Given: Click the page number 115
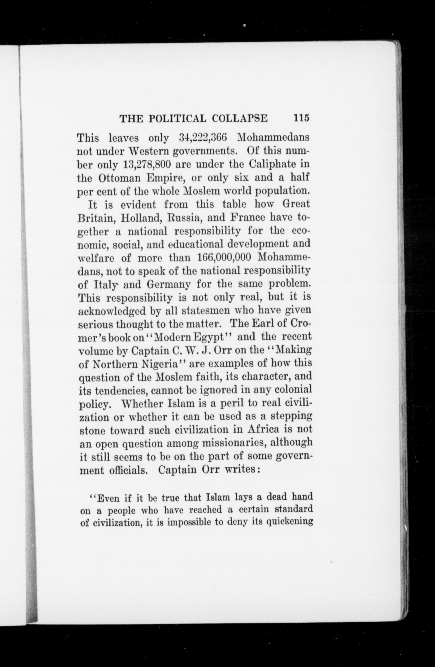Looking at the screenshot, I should [301, 118].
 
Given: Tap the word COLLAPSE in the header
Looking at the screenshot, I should [240, 118].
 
